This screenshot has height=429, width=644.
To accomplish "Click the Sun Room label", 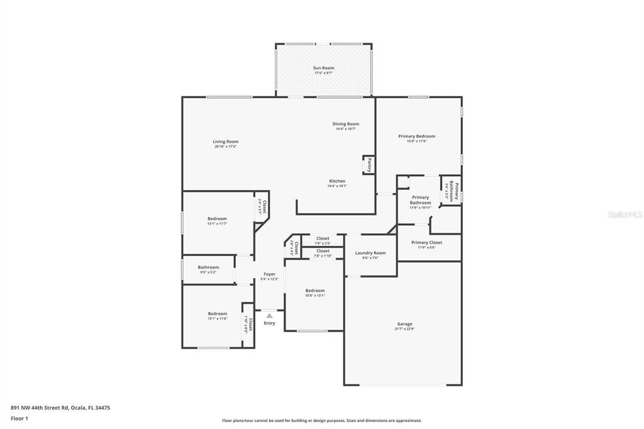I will [x=324, y=68].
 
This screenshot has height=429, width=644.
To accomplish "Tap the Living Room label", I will [x=225, y=142].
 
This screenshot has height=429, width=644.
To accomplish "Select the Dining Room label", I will [x=345, y=124].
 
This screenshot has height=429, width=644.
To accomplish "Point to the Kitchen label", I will [x=337, y=181].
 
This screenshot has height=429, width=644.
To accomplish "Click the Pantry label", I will [x=369, y=165].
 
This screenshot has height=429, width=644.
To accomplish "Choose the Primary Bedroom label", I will [x=416, y=136].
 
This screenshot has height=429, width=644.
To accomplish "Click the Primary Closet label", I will [x=426, y=242].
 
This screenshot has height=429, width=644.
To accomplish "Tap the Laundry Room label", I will [x=370, y=253].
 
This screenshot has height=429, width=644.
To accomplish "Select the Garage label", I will [x=404, y=324].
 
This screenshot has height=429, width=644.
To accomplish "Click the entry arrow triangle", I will [x=269, y=316].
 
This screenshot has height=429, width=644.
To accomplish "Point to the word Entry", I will [x=269, y=323].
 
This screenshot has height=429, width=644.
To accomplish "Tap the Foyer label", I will [x=269, y=274].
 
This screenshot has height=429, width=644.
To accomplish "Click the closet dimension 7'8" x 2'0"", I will [x=323, y=243].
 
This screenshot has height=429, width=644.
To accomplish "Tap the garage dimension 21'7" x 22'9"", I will [x=404, y=329].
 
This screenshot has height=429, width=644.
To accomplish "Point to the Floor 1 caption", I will [x=19, y=418].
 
